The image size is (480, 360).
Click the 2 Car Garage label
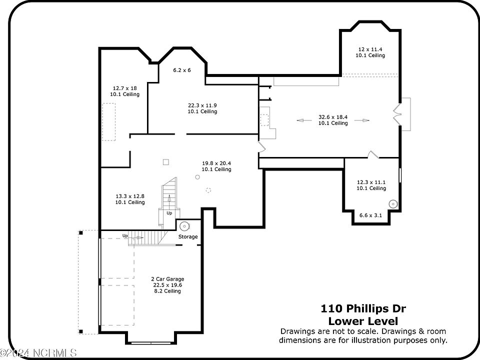[167, 279]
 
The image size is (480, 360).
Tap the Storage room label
[188, 236]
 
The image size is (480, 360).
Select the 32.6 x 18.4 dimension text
[333, 117]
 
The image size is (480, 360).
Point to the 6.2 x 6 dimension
[182, 70]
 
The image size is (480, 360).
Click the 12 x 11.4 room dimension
[370, 49]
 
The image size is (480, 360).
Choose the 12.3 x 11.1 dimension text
[371, 182]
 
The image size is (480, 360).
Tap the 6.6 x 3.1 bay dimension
[370, 215]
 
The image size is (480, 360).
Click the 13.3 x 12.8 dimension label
[130, 196]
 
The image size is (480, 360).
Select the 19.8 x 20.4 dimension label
[216, 163]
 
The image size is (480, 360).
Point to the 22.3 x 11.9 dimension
[202, 105]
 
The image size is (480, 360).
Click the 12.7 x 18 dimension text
[124, 88]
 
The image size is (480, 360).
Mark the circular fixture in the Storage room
[184, 226]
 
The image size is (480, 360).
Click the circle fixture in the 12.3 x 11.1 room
[393, 204]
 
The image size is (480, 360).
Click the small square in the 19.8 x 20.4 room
[165, 162]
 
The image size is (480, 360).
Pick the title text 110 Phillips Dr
[363, 308]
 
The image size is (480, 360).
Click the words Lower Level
[363, 321]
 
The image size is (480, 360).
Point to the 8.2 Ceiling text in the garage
[167, 291]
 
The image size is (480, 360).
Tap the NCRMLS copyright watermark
[38, 353]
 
